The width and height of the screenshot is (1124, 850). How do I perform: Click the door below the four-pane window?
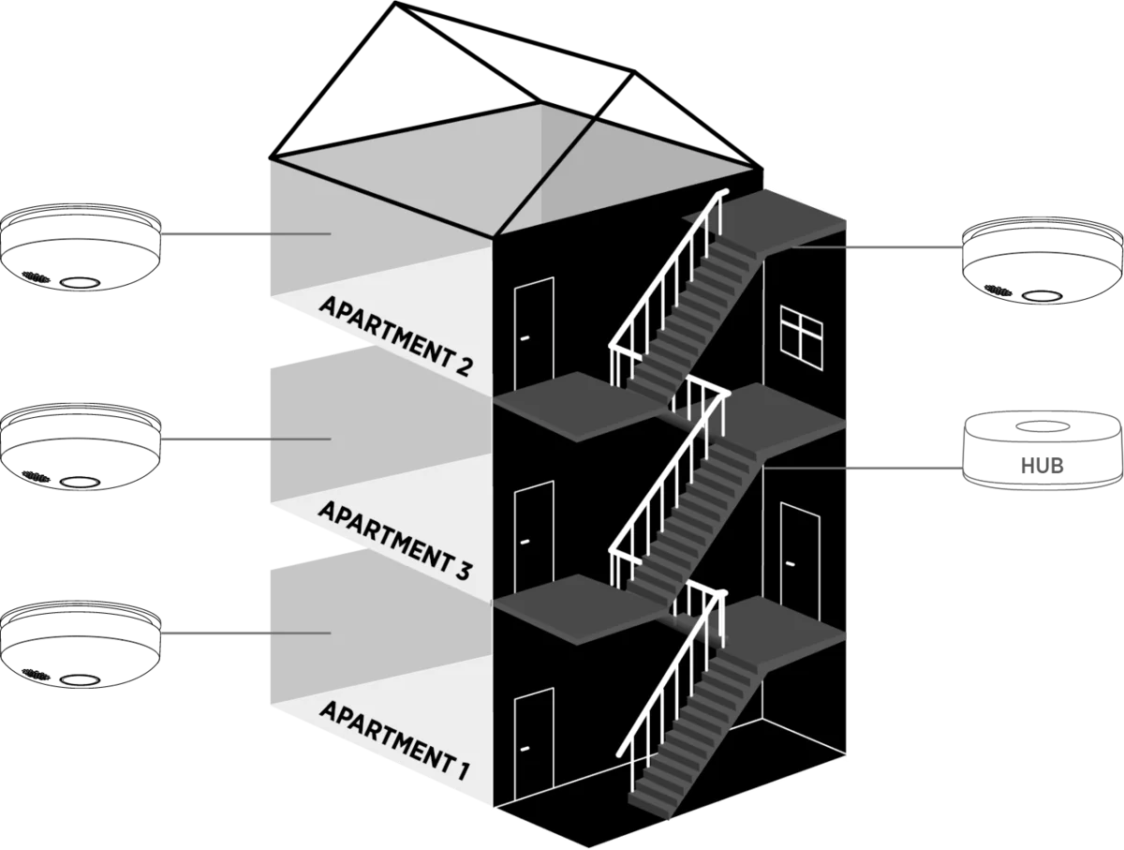tap(799, 558)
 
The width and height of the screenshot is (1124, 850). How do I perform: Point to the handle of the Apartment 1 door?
tap(525, 747)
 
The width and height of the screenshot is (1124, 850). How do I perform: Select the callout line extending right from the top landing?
tap(904, 248)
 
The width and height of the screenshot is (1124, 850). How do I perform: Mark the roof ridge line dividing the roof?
tap(543, 178)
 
